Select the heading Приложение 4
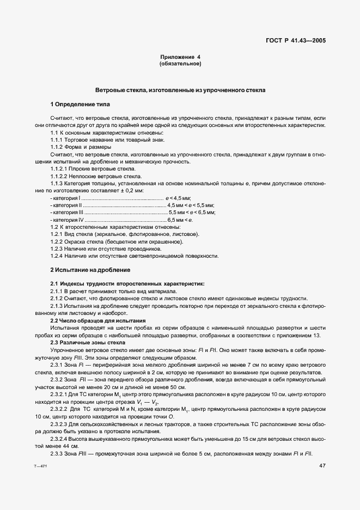pos(180,57)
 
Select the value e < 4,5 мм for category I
pos(178,198)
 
